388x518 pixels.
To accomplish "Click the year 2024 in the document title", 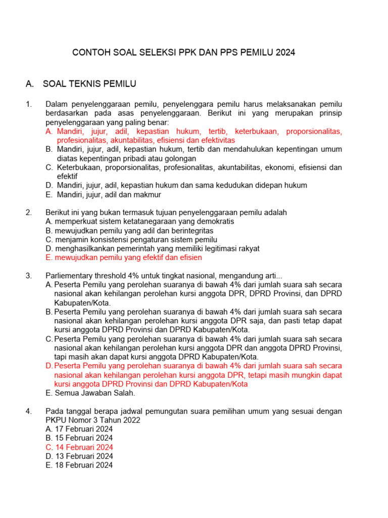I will point(285,52).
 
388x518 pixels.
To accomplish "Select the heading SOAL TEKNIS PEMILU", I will point(90,83).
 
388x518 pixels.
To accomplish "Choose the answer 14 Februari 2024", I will point(79,447).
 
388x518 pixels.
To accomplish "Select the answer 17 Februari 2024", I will point(79,429).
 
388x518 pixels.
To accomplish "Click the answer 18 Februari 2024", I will point(79,465).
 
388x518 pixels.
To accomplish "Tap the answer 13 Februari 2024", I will point(79,456).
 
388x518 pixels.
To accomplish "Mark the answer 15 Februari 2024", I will point(79,438).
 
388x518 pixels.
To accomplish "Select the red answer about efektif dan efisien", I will point(124,257).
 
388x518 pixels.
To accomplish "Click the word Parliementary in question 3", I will point(68,276).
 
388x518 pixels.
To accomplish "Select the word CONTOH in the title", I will point(88,52).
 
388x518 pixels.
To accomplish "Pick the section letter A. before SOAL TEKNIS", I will point(29,83).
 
